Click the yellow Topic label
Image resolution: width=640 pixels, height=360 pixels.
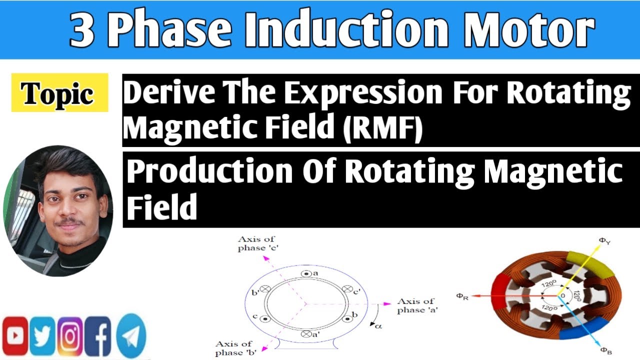59,93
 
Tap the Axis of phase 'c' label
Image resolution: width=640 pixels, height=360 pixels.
256,244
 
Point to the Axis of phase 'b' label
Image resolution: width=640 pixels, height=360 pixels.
234,347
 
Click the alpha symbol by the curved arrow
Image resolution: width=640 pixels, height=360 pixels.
378,326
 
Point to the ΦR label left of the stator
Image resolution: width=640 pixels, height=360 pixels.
462,296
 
